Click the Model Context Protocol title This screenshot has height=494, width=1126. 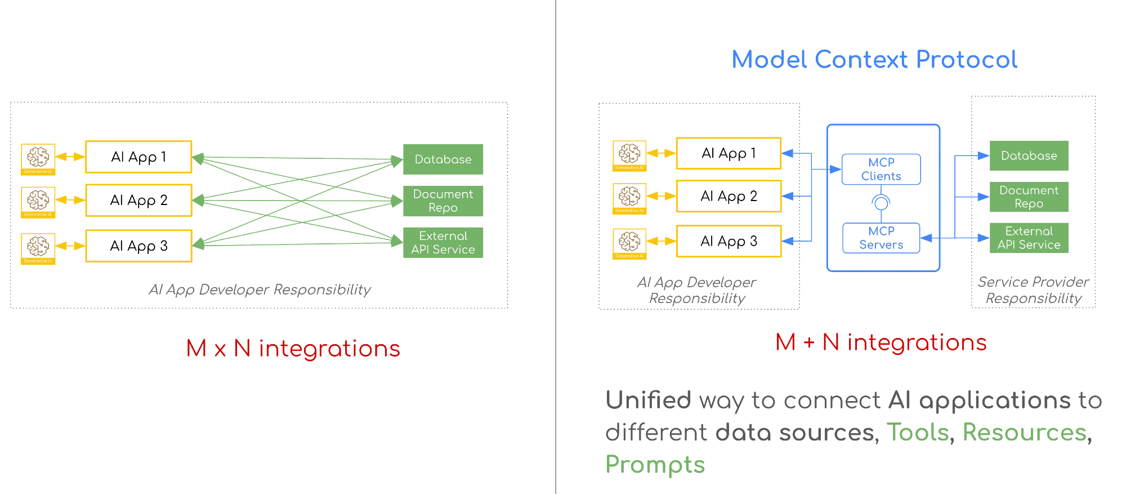click(x=874, y=60)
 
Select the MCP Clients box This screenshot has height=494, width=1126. click(x=881, y=169)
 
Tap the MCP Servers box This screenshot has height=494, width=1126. click(x=881, y=238)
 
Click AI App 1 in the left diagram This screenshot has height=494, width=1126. click(x=138, y=157)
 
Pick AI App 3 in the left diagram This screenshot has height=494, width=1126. click(x=138, y=246)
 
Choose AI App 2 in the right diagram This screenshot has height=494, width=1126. click(x=729, y=196)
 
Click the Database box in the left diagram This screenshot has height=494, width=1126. click(x=443, y=159)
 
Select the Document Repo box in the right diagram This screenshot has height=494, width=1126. click(x=1029, y=197)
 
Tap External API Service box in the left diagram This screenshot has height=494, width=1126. click(x=443, y=242)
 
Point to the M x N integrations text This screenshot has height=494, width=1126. click(x=293, y=349)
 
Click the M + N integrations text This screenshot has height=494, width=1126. click(x=881, y=342)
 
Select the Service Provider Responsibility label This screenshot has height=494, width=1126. click(x=1033, y=290)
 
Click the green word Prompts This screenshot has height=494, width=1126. click(x=655, y=465)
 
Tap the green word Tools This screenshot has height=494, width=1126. click(x=918, y=433)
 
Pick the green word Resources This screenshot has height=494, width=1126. click(x=1024, y=433)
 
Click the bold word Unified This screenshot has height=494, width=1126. click(x=648, y=400)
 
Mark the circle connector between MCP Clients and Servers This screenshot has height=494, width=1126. click(x=881, y=202)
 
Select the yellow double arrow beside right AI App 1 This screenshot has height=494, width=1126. click(x=661, y=153)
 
